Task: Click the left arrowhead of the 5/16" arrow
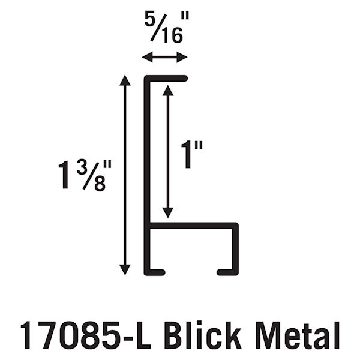coord(146,58)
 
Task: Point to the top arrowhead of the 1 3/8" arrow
coord(125,80)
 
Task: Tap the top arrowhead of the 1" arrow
coord(168,90)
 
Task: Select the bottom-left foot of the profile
coord(155,272)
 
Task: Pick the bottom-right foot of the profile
coord(228,272)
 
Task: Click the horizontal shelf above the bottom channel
coord(192,226)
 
